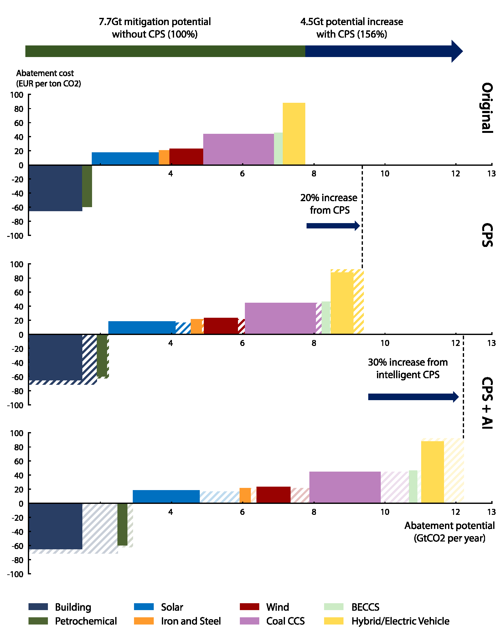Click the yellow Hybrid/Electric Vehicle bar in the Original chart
point(294,134)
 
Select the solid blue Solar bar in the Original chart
point(125,159)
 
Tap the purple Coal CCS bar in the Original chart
point(238,149)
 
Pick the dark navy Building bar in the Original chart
point(55,188)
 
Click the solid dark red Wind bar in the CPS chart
point(221,326)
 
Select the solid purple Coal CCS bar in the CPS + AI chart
point(345,487)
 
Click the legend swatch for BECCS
point(333,607)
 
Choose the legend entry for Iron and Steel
point(191,621)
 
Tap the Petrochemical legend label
point(86,621)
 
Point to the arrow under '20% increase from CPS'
point(333,226)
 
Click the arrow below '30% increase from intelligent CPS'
point(413,397)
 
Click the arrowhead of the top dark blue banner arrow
point(457,51)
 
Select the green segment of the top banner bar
point(165,51)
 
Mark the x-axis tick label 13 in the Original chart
point(491,174)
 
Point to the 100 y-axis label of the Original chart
point(17,95)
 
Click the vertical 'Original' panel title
point(487,108)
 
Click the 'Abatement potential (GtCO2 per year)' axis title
point(449,532)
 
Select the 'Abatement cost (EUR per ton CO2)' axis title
point(49,78)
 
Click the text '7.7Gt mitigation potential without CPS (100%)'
point(155,28)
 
